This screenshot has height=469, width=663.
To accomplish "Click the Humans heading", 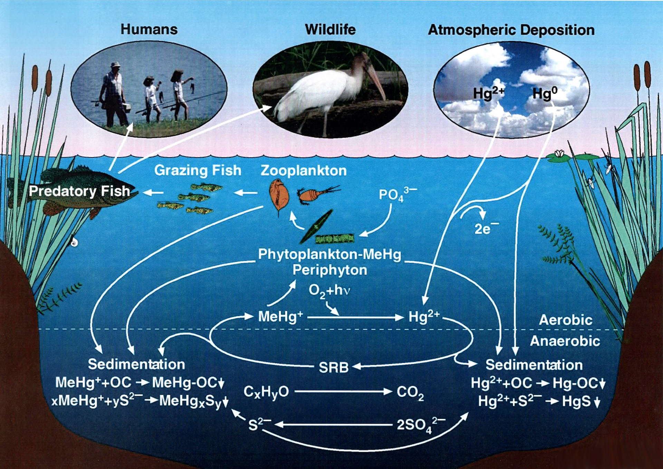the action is tap(149, 29).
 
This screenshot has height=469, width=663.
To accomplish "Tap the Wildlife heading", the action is tap(330, 30).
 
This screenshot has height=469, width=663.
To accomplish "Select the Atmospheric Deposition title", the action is tap(511, 30).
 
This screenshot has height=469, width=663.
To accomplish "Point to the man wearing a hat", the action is tap(113, 93).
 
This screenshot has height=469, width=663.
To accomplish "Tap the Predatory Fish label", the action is tap(79, 191).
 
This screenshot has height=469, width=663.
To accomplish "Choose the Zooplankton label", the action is tap(304, 170).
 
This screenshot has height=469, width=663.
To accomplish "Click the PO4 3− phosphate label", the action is tap(397, 195).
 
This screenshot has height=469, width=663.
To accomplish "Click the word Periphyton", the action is tap(330, 270).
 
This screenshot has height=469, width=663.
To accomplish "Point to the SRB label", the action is tap(333, 367).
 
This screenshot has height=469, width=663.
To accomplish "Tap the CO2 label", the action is tap(410, 392).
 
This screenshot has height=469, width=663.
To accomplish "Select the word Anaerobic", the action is tap(565, 341).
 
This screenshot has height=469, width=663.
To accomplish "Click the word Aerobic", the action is tap(566, 320).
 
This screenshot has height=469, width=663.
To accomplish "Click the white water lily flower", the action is tap(559, 153).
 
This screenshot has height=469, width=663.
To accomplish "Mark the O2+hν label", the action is tap(329, 291).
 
